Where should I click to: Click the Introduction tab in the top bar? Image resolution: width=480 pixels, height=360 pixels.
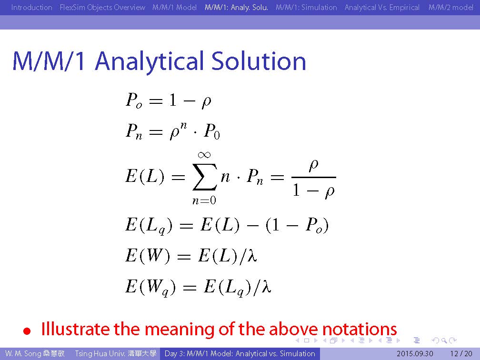[31, 7]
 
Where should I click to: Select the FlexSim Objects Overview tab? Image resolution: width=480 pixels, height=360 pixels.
[102, 7]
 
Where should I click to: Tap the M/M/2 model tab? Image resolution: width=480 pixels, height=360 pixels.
[450, 7]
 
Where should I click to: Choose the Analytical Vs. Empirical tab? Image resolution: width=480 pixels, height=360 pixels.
[382, 7]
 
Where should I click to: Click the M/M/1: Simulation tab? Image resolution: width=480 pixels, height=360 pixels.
[306, 7]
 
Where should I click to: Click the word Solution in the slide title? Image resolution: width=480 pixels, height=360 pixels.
[259, 61]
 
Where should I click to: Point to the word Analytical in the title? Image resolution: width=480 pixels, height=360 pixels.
[150, 62]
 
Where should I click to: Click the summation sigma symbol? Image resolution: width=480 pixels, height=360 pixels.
[205, 177]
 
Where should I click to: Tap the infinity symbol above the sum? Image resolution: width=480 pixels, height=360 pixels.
[204, 155]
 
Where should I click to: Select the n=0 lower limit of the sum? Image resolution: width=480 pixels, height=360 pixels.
[204, 200]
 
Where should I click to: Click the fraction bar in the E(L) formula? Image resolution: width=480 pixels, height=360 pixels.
[314, 177]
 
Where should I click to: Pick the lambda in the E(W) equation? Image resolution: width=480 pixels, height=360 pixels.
[252, 255]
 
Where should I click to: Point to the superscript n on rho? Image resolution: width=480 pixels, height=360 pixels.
[183, 126]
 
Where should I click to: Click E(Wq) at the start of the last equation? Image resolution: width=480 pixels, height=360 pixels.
[150, 288]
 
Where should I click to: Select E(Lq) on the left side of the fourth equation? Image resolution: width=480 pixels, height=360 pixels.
[149, 226]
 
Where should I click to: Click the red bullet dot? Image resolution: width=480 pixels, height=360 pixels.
[27, 331]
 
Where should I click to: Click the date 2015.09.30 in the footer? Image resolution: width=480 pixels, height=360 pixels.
[415, 354]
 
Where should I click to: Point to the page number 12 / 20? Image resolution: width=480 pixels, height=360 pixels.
[461, 354]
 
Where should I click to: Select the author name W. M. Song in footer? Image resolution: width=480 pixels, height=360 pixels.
[23, 354]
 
